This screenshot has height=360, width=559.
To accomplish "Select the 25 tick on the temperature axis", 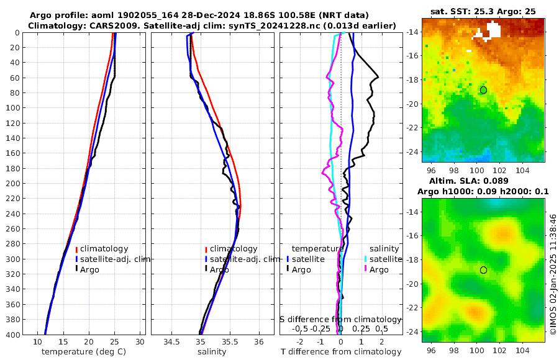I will pos(114,342).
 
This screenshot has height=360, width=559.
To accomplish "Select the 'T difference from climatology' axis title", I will pos(340,352).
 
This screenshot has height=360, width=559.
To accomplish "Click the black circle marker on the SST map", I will pos(483,90).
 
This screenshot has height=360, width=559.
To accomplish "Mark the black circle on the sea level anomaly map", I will pos(483,270).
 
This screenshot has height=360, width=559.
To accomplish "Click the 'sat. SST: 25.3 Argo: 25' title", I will pos(483,11).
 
